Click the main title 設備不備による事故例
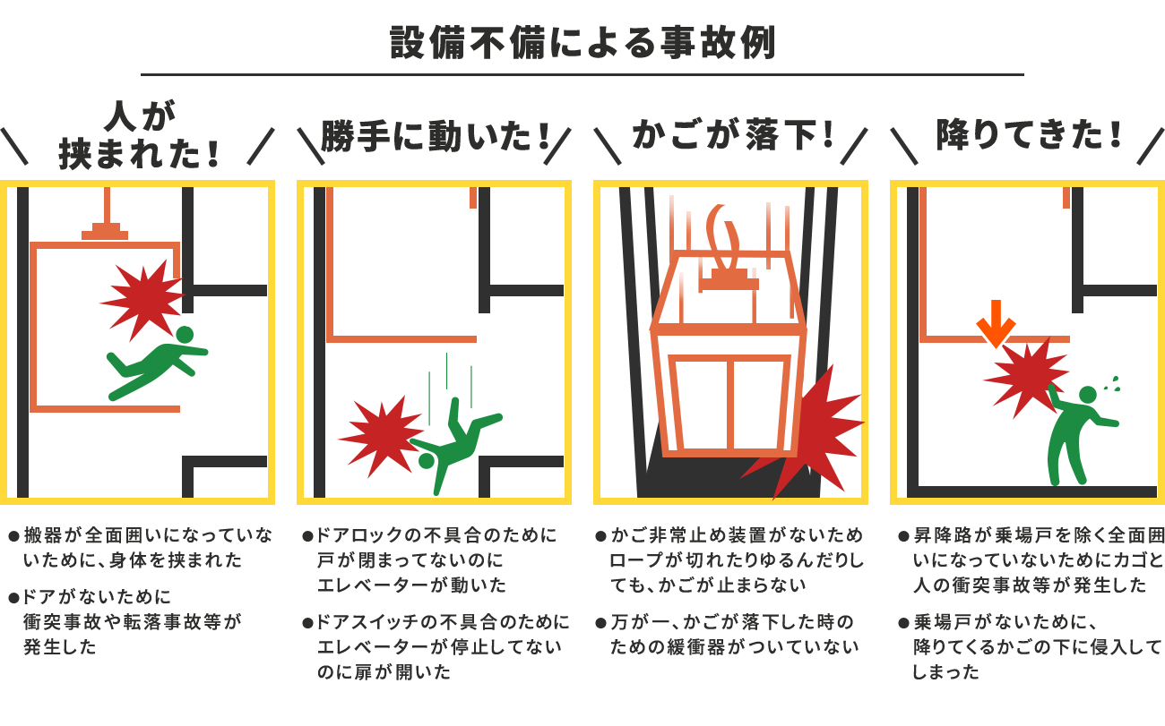click(x=582, y=42)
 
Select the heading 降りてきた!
click(x=1029, y=138)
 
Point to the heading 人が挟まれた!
click(x=138, y=134)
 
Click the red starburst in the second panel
click(x=380, y=435)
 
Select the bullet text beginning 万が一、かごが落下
click(x=731, y=634)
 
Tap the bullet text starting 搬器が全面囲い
click(x=143, y=548)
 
